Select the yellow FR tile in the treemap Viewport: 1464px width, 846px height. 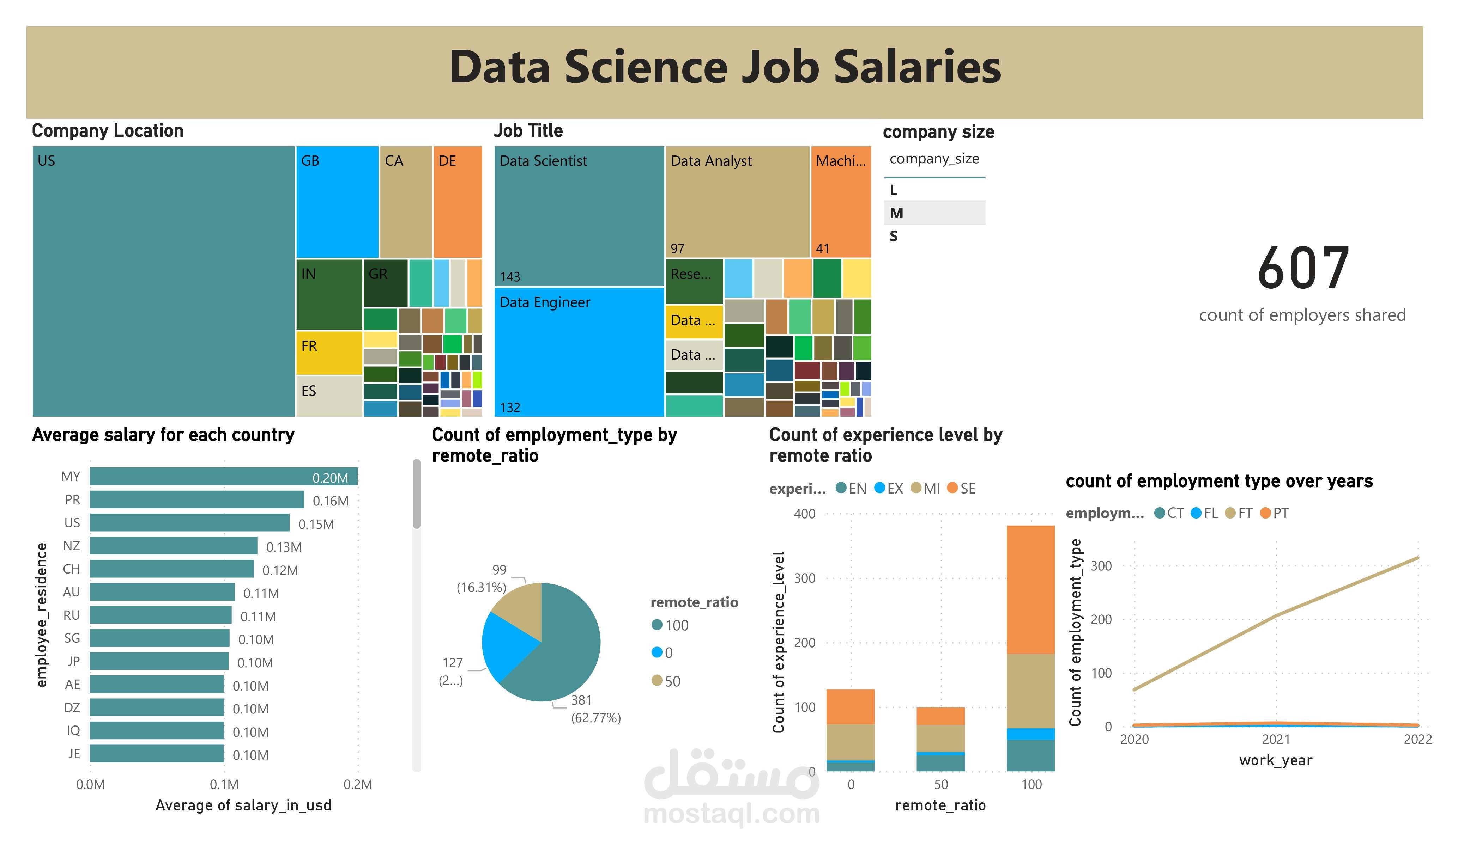pyautogui.click(x=329, y=352)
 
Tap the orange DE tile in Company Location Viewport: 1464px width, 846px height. pyautogui.click(x=457, y=202)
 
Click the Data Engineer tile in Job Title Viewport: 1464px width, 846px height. pyautogui.click(x=579, y=352)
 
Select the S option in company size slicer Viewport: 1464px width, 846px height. pyautogui.click(x=894, y=236)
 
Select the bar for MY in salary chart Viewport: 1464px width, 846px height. pyautogui.click(x=224, y=477)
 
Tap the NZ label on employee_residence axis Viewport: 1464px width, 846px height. pyautogui.click(x=72, y=546)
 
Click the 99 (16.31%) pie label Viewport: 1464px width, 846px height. pyautogui.click(x=482, y=578)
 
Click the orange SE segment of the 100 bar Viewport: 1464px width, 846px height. pyautogui.click(x=1030, y=589)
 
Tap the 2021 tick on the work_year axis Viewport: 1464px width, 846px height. pyautogui.click(x=1276, y=739)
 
